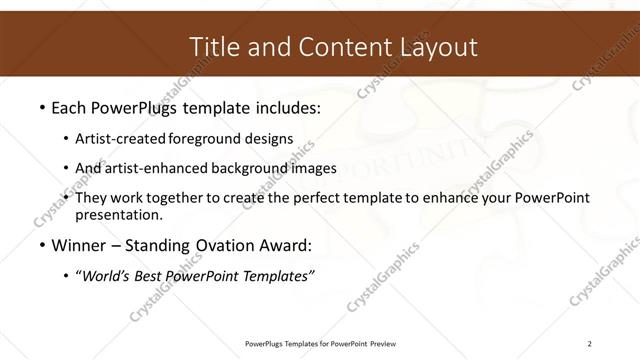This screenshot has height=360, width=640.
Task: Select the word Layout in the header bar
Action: tap(436, 47)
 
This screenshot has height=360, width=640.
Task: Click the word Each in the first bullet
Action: tap(70, 106)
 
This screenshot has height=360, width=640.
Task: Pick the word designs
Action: tap(267, 139)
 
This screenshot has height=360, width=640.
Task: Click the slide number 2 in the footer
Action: tap(590, 344)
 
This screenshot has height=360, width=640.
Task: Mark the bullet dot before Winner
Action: tap(41, 246)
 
